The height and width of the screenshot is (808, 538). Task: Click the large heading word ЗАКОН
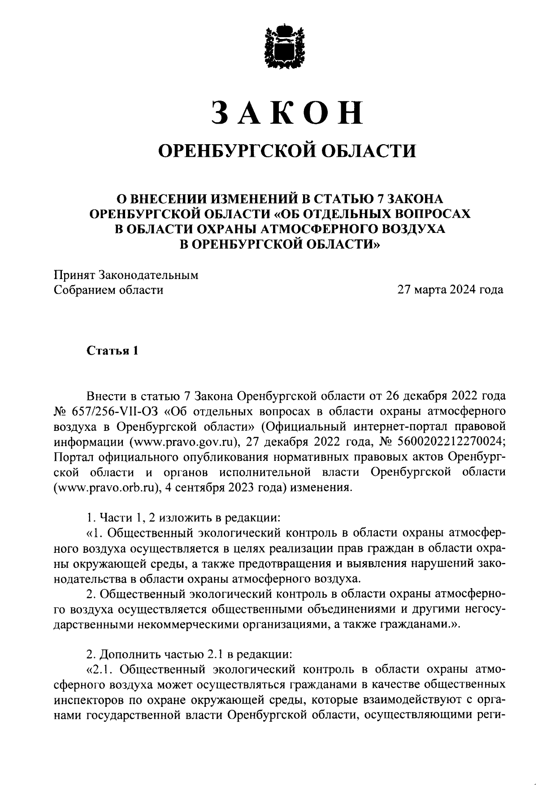287,112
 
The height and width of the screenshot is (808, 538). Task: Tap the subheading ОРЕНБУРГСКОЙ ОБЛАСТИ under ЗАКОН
288,151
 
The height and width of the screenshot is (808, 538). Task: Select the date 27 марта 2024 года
450,290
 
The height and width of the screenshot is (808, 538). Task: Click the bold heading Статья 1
112,351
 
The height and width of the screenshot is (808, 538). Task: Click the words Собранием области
108,290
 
